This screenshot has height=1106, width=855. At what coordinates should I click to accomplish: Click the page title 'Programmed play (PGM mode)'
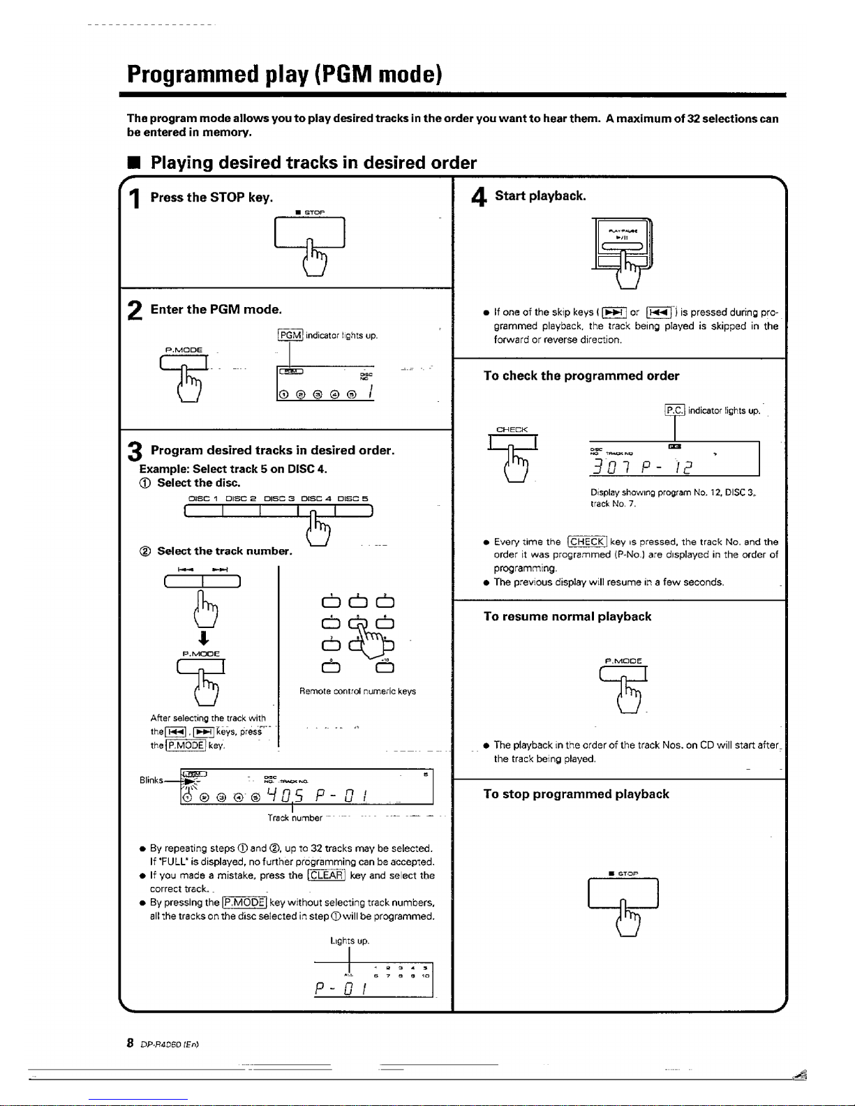click(x=284, y=74)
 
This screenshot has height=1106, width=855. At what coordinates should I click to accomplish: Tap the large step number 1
click(x=136, y=199)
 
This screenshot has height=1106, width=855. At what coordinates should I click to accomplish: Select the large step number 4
click(x=479, y=197)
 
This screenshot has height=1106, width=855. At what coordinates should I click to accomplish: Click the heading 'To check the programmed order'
click(x=581, y=376)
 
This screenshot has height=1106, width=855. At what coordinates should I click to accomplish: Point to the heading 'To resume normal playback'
click(x=567, y=617)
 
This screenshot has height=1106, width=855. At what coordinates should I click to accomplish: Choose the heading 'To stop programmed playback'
click(x=576, y=794)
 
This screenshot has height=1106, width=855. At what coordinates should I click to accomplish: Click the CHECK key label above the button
click(x=512, y=430)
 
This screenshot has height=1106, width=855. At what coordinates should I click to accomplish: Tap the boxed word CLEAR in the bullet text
click(x=326, y=876)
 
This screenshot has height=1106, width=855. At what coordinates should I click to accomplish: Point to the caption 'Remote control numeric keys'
click(x=357, y=692)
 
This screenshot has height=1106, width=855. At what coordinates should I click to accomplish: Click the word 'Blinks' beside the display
click(x=151, y=780)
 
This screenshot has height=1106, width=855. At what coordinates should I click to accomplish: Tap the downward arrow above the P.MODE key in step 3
click(x=201, y=638)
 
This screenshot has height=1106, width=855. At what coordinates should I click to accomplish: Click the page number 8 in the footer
click(x=130, y=1043)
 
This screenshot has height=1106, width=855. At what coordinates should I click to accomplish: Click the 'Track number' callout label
click(x=295, y=818)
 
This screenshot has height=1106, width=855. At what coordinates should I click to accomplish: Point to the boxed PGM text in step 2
click(x=290, y=336)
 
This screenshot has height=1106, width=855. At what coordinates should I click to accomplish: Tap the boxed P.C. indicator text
click(x=675, y=410)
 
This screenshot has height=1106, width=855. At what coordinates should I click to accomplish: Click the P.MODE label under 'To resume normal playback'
click(x=623, y=661)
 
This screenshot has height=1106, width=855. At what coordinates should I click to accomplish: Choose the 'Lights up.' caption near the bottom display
click(x=350, y=941)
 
